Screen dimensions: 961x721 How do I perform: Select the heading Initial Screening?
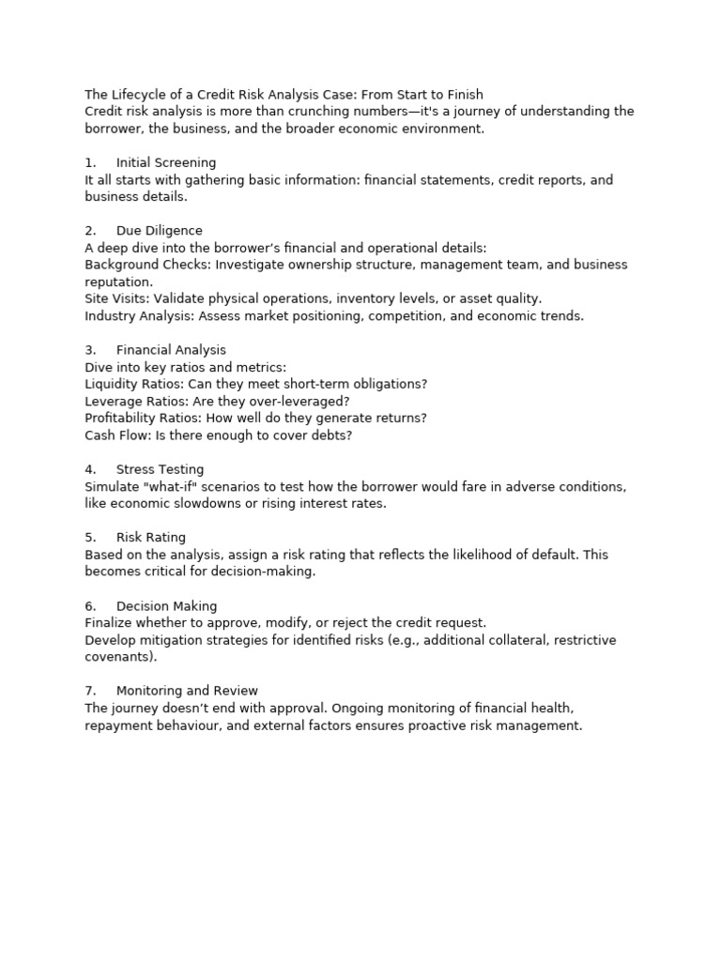[x=166, y=163]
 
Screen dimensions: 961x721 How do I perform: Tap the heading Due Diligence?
[x=160, y=231]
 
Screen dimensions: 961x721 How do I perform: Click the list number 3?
[x=89, y=350]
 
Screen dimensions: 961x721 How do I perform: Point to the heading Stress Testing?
[x=160, y=469]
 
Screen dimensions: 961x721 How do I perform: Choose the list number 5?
[x=89, y=538]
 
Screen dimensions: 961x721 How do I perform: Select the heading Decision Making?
[x=166, y=606]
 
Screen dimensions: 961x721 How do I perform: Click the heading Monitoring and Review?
[x=187, y=691]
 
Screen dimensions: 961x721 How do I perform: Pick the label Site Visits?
[x=117, y=298]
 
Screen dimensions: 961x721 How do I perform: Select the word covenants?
[x=117, y=657]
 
